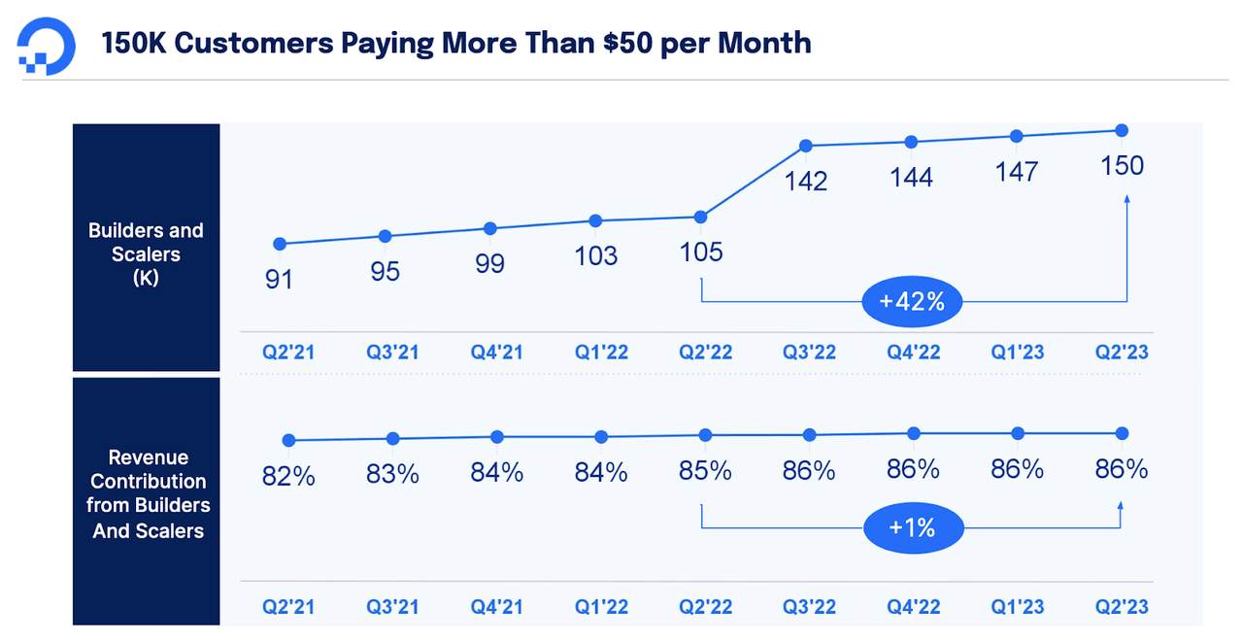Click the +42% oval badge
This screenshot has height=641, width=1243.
[911, 301]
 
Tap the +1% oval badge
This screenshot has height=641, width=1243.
[911, 527]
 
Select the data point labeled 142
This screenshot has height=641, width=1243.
[806, 146]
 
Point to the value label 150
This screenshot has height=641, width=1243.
[1123, 166]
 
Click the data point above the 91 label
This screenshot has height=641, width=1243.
[280, 244]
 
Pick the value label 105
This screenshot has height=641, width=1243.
[701, 253]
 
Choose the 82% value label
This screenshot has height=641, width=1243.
[288, 477]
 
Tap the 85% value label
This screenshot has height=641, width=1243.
[705, 470]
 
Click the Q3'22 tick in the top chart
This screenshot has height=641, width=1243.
[808, 352]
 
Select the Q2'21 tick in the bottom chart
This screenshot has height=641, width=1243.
[288, 607]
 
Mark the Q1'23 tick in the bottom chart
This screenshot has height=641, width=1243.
[1018, 607]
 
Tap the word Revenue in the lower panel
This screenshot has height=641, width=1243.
[148, 457]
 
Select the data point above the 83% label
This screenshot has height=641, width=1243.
[392, 438]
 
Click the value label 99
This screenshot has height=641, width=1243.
[490, 263]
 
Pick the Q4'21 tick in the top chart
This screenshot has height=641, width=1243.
[497, 352]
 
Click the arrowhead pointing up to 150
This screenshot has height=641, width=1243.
[1126, 199]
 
